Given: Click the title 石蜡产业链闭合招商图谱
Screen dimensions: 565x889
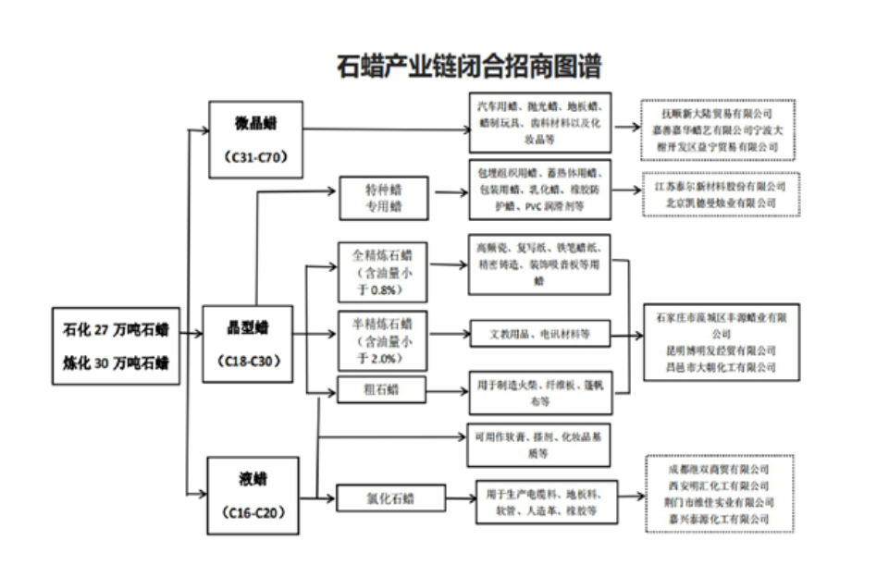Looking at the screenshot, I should (x=469, y=67).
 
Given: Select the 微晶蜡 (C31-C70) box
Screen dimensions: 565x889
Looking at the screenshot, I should (x=256, y=139).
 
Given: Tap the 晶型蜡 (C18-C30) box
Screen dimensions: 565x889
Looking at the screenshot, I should (x=247, y=342).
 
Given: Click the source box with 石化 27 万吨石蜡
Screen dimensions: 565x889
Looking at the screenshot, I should (x=116, y=345).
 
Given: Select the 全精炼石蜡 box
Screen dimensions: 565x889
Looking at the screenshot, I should (x=383, y=272).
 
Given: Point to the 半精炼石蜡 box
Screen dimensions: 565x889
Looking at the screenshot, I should (x=383, y=341).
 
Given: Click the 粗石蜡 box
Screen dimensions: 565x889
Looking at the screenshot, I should (x=382, y=389).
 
